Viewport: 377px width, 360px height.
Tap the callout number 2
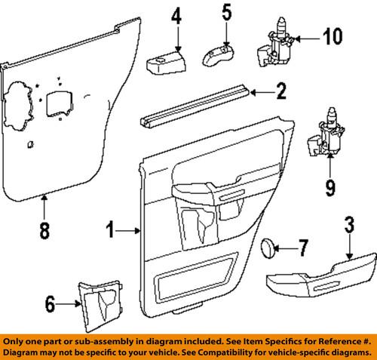[280, 94]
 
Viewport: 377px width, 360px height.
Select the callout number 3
[350, 225]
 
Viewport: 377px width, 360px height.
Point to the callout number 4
[176, 14]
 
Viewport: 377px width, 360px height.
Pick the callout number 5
[226, 11]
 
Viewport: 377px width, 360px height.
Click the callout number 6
[51, 304]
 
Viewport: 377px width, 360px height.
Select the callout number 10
[332, 35]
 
